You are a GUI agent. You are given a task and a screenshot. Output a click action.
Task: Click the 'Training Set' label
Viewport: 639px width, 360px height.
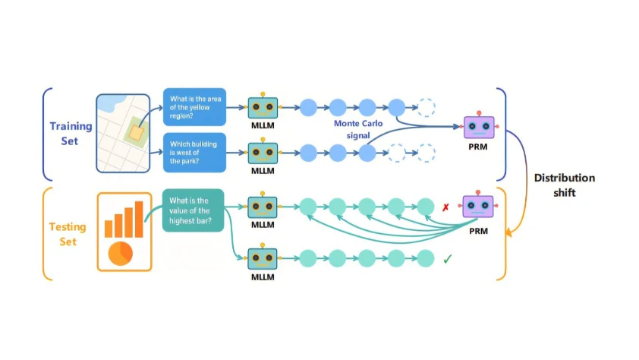(70, 133)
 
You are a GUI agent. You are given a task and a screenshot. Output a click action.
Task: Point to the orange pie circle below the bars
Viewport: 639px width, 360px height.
(120, 252)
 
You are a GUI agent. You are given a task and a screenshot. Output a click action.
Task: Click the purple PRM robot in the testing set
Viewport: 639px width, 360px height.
(478, 207)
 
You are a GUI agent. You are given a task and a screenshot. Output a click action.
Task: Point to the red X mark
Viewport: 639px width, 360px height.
(446, 207)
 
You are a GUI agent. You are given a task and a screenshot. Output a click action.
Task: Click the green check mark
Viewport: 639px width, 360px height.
(448, 259)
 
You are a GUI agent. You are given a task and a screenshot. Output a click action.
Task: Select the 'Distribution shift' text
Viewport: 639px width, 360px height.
(564, 185)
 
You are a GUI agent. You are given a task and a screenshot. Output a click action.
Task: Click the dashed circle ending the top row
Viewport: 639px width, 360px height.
(426, 107)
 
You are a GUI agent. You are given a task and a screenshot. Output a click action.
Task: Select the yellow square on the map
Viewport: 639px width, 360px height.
(136, 134)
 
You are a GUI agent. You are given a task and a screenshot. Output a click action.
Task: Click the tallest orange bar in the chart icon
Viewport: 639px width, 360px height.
(139, 218)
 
